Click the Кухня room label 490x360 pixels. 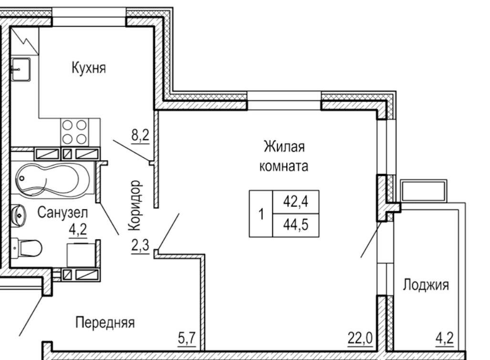(89, 68)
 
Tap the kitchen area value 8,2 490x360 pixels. (140, 135)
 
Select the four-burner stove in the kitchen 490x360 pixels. (74, 132)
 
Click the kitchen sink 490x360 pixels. (21, 69)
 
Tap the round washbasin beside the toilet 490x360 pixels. (19, 216)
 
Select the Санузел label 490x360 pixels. (63, 213)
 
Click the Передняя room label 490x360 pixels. (105, 322)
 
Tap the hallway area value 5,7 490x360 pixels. (187, 338)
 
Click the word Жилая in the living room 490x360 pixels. (284, 147)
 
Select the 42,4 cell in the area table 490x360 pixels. (296, 202)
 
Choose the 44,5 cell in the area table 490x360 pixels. (296, 225)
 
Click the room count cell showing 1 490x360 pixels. (261, 214)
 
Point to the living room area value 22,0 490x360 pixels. (360, 338)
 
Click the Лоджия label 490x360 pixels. (426, 285)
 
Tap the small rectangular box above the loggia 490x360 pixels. (424, 191)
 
